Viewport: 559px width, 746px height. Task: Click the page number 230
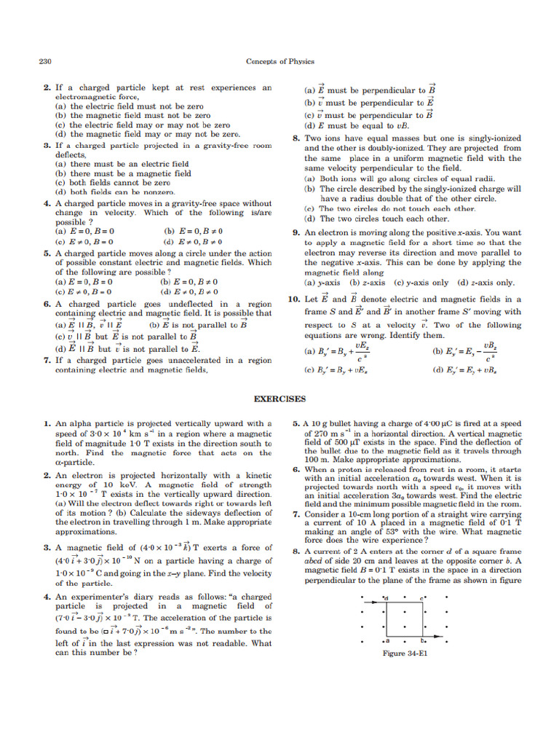44,62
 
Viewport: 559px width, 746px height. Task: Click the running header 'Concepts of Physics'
279,62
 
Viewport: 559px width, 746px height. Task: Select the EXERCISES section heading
279,398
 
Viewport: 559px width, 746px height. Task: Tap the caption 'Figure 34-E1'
404,653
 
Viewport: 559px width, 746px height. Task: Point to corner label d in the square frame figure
386,599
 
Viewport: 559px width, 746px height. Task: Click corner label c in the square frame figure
421,599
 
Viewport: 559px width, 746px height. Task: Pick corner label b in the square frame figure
421,641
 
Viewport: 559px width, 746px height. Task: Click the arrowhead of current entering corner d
374,602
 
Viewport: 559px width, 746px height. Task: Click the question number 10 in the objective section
293,299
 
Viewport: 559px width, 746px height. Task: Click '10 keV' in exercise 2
99,485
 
